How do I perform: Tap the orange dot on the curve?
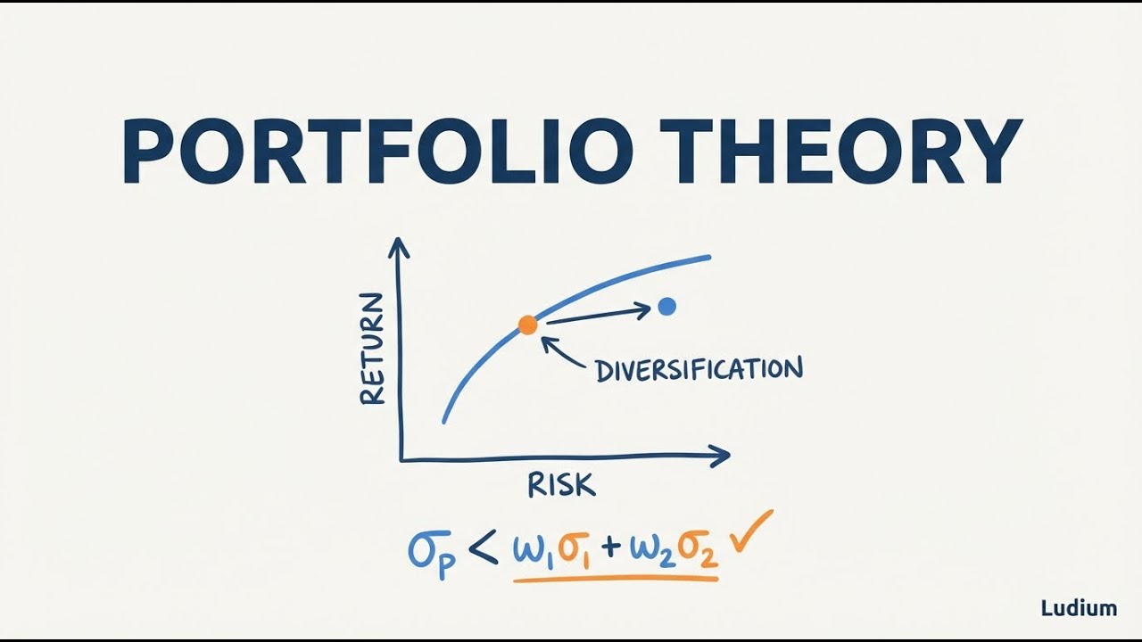[x=528, y=325]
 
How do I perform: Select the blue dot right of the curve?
[x=666, y=307]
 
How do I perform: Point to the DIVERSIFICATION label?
[x=699, y=369]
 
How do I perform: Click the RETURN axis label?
[x=372, y=349]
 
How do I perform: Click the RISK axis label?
[x=561, y=485]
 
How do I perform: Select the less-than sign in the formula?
[x=482, y=549]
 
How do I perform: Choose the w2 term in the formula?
[x=652, y=549]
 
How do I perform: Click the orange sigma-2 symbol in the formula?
[x=699, y=550]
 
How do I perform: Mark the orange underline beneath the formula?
[x=616, y=580]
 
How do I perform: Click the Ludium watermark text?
[x=1079, y=609]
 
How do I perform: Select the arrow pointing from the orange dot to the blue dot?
[x=598, y=315]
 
